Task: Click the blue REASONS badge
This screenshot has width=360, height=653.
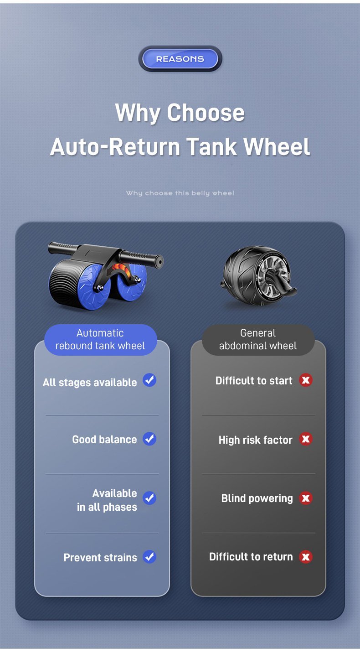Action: [x=180, y=59]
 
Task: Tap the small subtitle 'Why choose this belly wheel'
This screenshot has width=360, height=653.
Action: [x=180, y=193]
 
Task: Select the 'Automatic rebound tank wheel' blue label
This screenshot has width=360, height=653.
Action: [x=100, y=340]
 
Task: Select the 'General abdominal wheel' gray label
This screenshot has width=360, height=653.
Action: [x=258, y=340]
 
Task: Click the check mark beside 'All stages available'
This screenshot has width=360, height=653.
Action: [x=149, y=380]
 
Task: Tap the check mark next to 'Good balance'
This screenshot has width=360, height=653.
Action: [x=149, y=439]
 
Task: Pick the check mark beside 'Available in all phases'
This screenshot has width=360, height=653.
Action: [x=149, y=498]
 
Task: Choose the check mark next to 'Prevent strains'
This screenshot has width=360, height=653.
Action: [x=149, y=557]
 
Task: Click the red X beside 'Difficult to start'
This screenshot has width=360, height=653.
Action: [x=306, y=380]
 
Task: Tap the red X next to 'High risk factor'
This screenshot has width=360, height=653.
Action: [x=306, y=439]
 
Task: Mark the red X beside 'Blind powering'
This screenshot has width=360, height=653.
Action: [x=306, y=498]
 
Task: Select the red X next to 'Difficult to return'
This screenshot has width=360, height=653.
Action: [x=306, y=557]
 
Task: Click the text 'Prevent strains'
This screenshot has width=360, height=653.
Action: [x=100, y=557]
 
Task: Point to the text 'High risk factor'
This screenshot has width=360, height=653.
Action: [x=255, y=440]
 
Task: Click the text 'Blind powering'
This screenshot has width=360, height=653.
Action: [x=257, y=498]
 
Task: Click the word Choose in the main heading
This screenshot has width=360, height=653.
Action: [x=206, y=113]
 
